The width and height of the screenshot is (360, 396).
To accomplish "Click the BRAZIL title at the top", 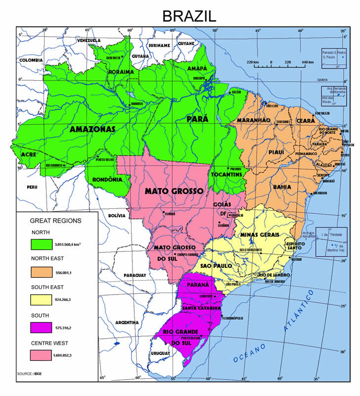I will pyautogui.click(x=189, y=16).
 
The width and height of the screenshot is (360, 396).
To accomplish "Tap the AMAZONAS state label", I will pyautogui.click(x=92, y=129).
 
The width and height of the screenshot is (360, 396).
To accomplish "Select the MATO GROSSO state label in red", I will pyautogui.click(x=174, y=191).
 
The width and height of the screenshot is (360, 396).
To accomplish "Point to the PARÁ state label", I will pyautogui.click(x=197, y=119).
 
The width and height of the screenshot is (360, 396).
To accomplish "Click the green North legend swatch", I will pyautogui.click(x=45, y=244).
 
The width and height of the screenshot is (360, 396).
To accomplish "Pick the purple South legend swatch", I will pyautogui.click(x=45, y=328).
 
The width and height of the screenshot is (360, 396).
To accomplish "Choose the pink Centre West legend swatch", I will pyautogui.click(x=45, y=355).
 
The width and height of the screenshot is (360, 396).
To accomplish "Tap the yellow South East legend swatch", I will pyautogui.click(x=45, y=299).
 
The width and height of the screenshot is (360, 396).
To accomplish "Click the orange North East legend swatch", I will pyautogui.click(x=45, y=272).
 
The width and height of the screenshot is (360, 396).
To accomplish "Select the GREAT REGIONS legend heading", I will pyautogui.click(x=56, y=220).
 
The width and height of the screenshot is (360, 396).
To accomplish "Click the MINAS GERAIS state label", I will pyautogui.click(x=260, y=234).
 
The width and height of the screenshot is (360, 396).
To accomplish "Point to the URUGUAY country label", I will pyautogui.click(x=160, y=353).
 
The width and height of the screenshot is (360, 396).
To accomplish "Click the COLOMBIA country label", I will pyautogui.click(x=32, y=60).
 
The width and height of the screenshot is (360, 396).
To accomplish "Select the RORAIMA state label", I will pyautogui.click(x=121, y=72).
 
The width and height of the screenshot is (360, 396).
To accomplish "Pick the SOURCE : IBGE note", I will pyautogui.click(x=29, y=373).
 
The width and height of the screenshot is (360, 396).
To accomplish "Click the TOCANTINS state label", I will pyautogui.click(x=226, y=175).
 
